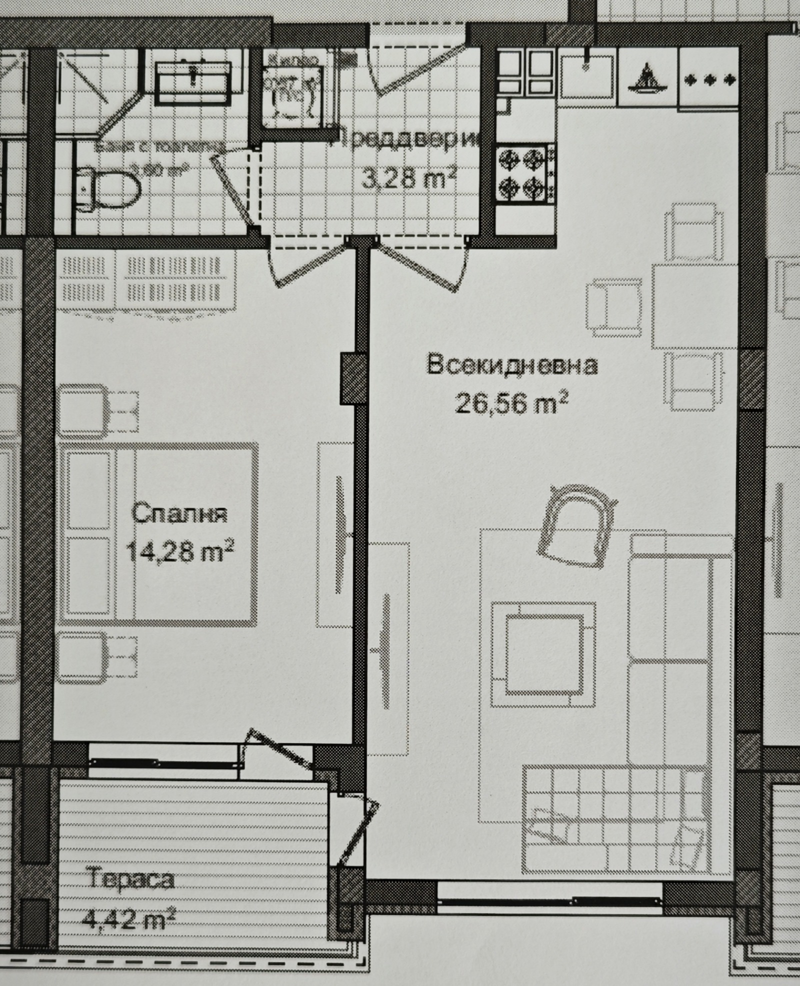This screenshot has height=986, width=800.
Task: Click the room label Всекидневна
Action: click(512, 365)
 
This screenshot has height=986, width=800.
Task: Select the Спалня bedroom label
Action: click(179, 514)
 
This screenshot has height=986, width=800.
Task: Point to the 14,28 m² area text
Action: click(180, 552)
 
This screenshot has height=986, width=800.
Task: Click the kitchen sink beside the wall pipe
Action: click(586, 76)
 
